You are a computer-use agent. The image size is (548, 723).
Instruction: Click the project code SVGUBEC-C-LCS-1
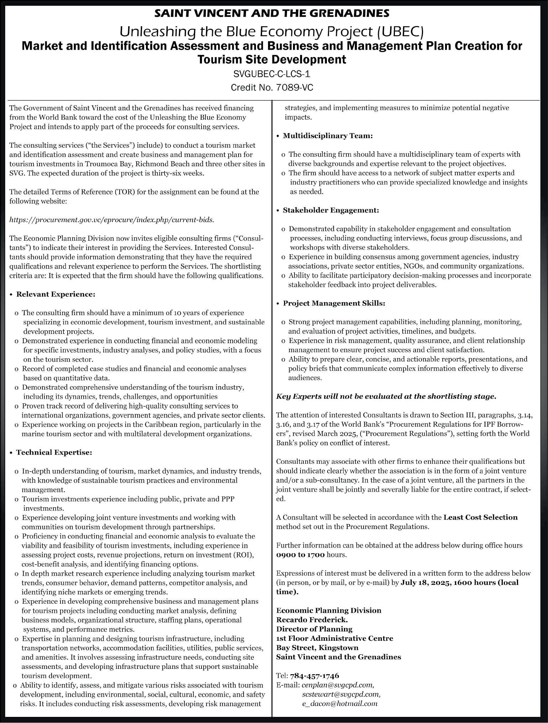pyautogui.click(x=272, y=74)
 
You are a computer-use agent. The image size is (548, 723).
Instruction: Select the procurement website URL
pyautogui.click(x=112, y=220)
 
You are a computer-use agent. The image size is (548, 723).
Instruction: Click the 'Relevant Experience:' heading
pyautogui.click(x=56, y=294)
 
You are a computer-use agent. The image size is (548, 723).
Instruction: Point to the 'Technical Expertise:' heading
pyautogui.click(x=54, y=452)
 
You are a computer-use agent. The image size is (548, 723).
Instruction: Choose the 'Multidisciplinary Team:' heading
pyautogui.click(x=328, y=136)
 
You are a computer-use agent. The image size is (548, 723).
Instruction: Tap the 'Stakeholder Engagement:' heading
pyautogui.click(x=331, y=210)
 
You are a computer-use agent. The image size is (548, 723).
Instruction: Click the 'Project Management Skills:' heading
pyautogui.click(x=334, y=303)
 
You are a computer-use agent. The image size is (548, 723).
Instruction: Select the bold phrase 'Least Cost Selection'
pyautogui.click(x=480, y=517)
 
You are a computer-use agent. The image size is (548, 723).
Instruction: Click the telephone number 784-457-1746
pyautogui.click(x=314, y=676)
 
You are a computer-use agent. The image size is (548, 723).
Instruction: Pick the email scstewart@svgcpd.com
pyautogui.click(x=341, y=694)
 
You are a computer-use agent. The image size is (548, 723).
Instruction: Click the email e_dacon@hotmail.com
pyautogui.click(x=339, y=703)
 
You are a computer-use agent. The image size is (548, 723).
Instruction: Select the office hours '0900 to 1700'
pyautogui.click(x=300, y=555)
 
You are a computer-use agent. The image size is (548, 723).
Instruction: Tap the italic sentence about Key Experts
pyautogui.click(x=386, y=397)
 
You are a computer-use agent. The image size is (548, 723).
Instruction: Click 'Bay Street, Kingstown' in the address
pyautogui.click(x=317, y=648)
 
